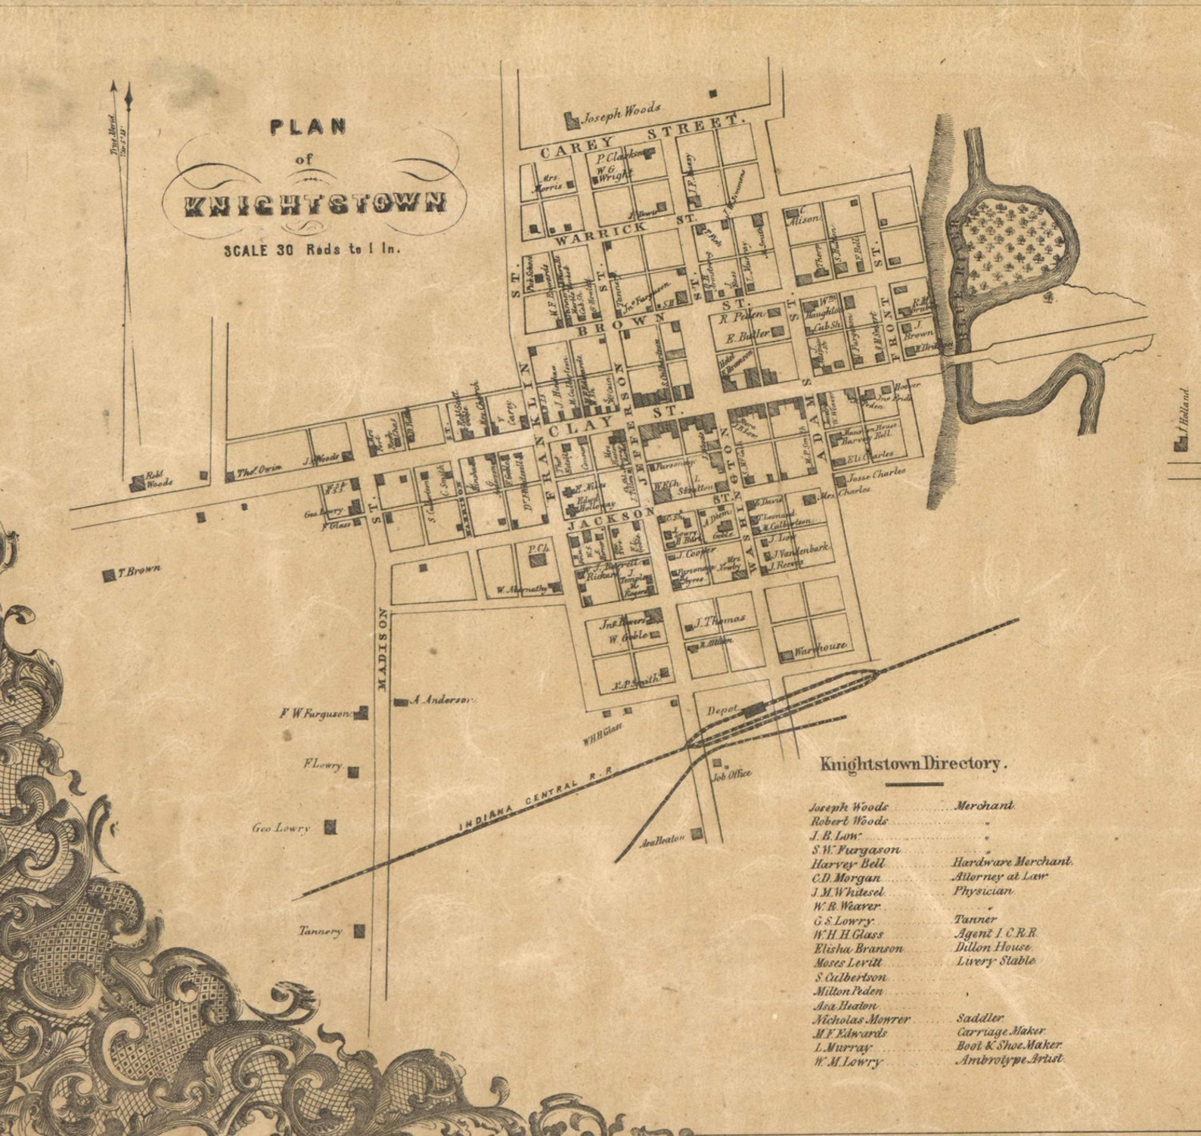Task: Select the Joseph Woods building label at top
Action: pos(620,113)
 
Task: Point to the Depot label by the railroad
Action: pos(722,712)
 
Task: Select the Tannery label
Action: pos(320,932)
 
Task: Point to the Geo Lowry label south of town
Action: pos(281,828)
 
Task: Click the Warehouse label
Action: pos(820,647)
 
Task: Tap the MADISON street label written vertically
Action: pos(382,650)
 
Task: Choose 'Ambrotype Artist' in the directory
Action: pos(1009,1060)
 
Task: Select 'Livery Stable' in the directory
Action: pos(995,961)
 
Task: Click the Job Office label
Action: pos(731,774)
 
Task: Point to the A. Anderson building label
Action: pos(440,700)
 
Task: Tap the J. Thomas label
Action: pos(719,620)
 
